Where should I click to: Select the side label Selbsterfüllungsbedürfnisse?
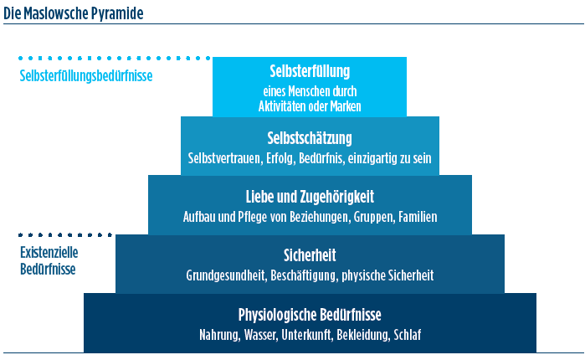(86, 75)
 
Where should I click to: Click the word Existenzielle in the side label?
(49, 253)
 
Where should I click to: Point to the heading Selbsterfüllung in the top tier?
(310, 72)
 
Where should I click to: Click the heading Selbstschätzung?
(310, 139)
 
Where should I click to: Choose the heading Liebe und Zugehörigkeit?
(310, 198)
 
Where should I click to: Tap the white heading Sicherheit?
(310, 255)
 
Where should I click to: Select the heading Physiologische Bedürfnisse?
(310, 315)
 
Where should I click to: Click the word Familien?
(418, 217)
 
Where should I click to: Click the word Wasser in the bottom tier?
(261, 335)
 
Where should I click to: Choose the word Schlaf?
(408, 335)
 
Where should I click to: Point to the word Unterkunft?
(306, 335)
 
